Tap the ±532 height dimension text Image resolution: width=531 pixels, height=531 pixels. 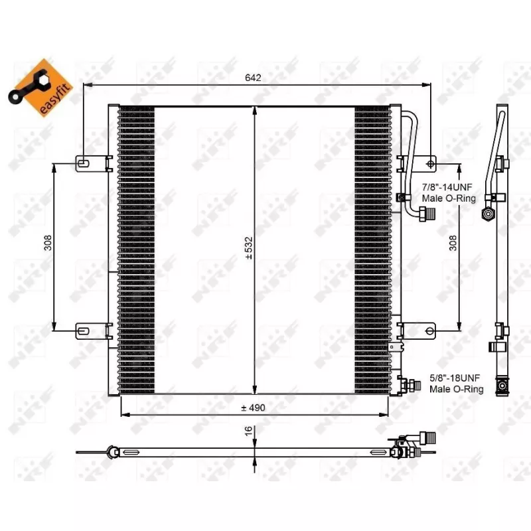(249, 248)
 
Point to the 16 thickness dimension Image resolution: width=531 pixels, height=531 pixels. (248, 431)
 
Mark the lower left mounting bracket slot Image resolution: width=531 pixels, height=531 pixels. (84, 329)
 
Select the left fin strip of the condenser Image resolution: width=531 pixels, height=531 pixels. (136, 249)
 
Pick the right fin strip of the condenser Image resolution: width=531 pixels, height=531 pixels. (373, 249)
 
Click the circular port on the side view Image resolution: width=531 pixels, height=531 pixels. (489, 214)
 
